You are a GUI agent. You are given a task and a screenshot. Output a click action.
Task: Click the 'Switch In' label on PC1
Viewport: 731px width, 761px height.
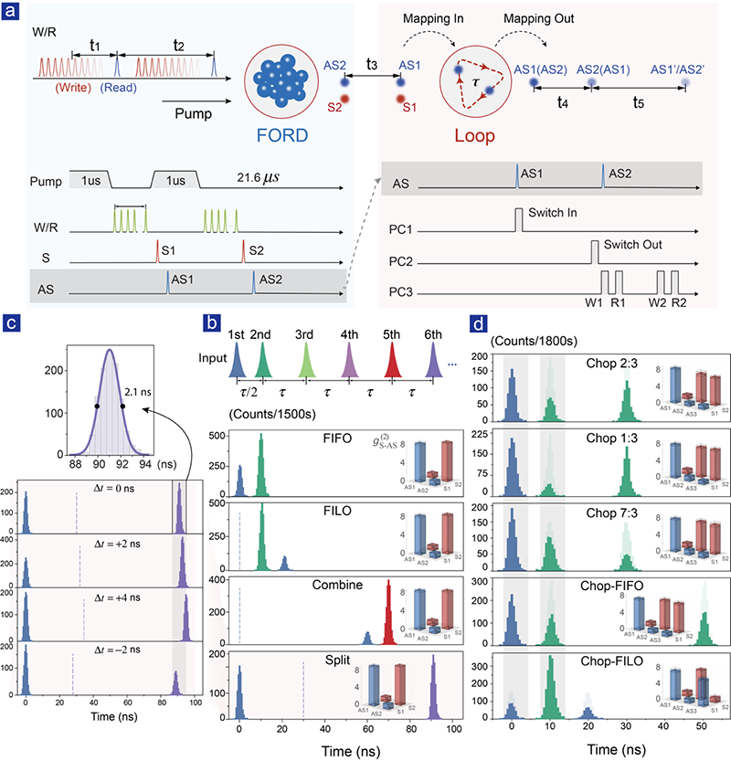(554, 213)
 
